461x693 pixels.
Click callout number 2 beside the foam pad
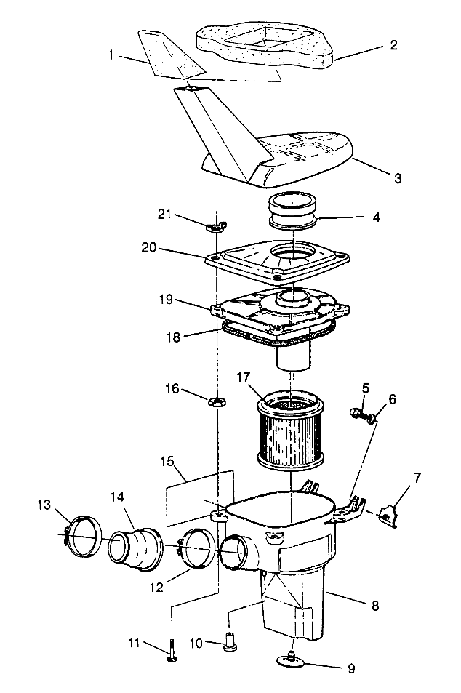393,45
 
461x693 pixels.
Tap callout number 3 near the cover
397,177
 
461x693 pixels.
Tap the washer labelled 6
372,418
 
